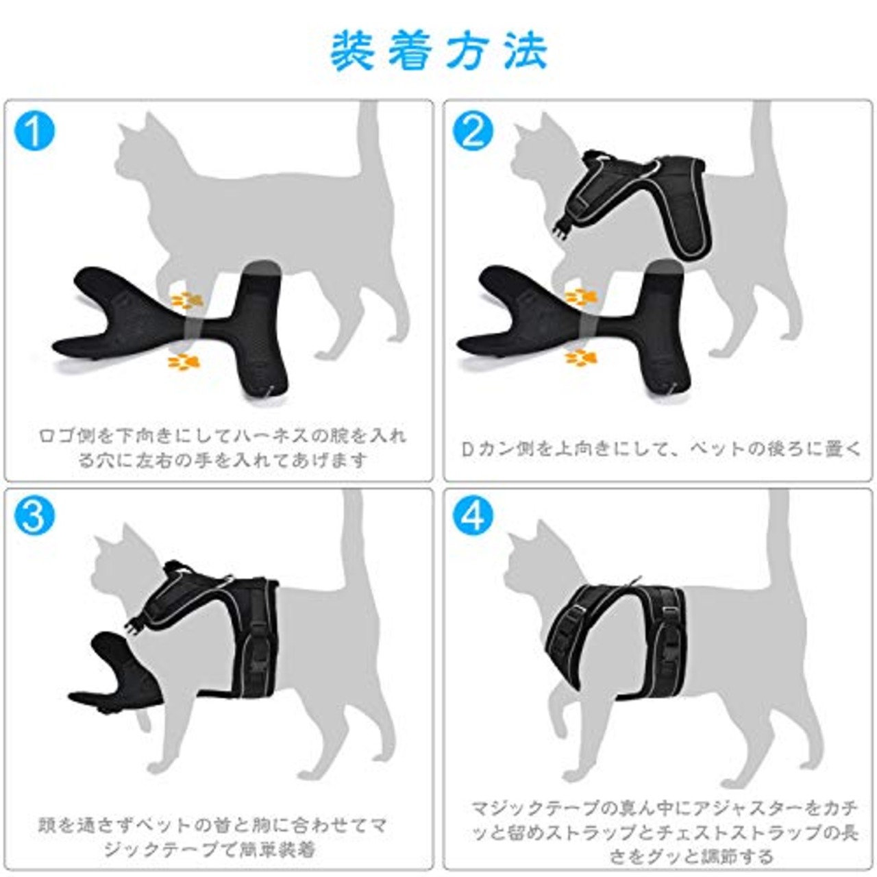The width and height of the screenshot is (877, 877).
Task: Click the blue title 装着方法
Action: pos(438,51)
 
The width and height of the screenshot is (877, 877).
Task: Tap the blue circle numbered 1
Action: pos(34,132)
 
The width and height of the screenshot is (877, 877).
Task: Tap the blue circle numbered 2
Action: pos(473,132)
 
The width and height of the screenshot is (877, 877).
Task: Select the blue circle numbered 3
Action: pos(34,515)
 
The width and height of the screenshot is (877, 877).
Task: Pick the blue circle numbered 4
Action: pos(473,515)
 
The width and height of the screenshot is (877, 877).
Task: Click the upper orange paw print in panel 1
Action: pos(186,300)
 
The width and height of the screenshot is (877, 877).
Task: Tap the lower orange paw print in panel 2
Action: pos(580,357)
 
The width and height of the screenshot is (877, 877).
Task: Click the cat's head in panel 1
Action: pos(147,151)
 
